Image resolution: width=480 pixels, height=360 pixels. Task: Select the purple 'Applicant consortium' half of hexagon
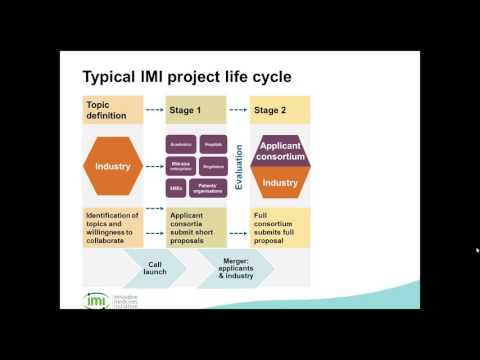tap(280, 151)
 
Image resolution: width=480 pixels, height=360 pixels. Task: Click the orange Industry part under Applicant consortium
tap(280, 183)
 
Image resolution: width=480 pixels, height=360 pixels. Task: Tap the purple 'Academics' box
tap(181, 144)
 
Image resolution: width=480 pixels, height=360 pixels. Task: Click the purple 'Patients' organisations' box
tap(213, 187)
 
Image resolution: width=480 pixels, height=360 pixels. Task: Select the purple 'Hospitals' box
tap(213, 144)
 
